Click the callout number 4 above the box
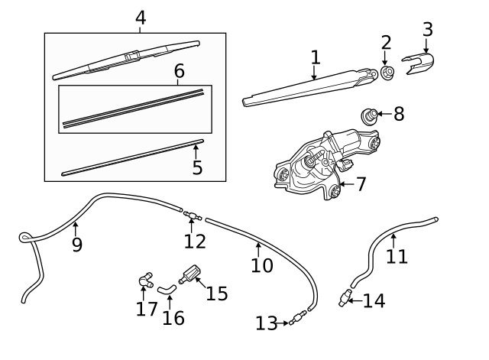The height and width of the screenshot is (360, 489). (x=140, y=17)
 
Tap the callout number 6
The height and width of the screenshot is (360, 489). (x=180, y=71)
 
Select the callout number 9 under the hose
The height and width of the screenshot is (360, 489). (x=76, y=245)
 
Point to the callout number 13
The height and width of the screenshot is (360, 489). (x=266, y=324)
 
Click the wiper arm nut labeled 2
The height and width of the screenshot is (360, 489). (x=387, y=73)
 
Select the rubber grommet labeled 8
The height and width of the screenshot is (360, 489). (x=370, y=117)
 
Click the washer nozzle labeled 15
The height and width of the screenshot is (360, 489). (x=189, y=274)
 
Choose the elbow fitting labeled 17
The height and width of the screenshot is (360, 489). (x=144, y=283)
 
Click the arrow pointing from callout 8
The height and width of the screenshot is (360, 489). (x=384, y=115)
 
